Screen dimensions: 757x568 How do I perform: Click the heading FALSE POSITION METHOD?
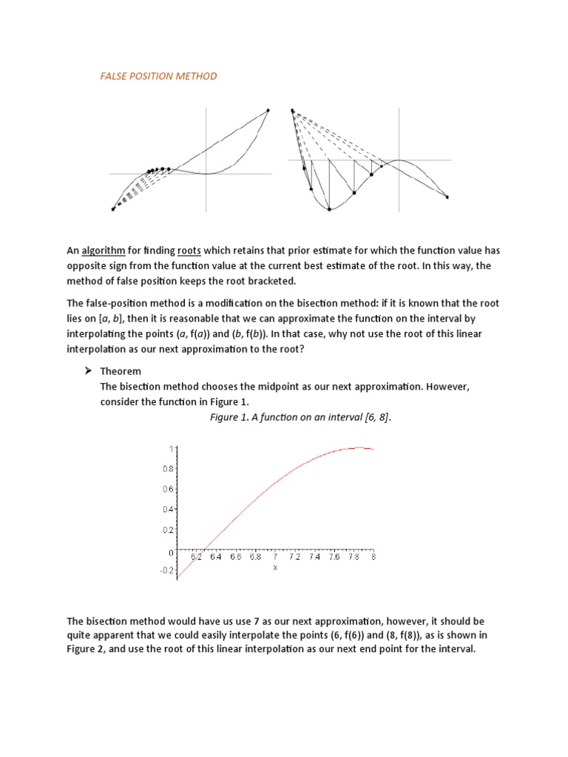click(x=158, y=77)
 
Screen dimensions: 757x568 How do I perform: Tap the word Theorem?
click(x=121, y=371)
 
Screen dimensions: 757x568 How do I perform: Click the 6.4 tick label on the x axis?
click(x=216, y=557)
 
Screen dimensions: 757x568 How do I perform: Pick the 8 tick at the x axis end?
click(x=373, y=557)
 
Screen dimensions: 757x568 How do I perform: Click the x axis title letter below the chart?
click(x=274, y=568)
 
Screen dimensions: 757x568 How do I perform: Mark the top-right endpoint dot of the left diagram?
click(x=268, y=110)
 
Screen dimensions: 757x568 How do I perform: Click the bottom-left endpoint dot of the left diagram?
click(x=113, y=209)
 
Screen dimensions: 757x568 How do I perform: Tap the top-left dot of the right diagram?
click(x=293, y=111)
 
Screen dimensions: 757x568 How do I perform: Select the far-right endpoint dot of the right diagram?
click(x=447, y=197)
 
